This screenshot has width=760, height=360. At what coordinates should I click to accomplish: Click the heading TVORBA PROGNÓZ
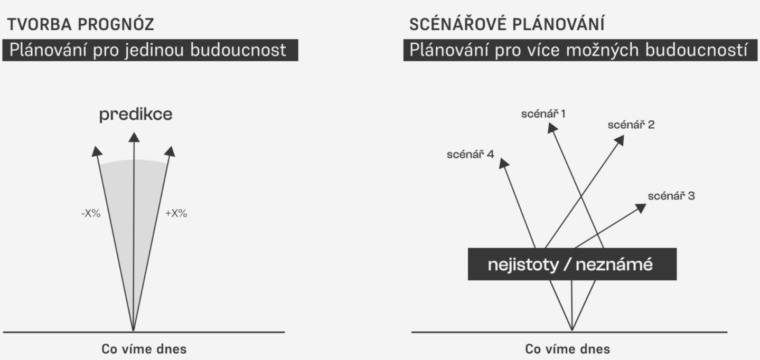tap(81, 24)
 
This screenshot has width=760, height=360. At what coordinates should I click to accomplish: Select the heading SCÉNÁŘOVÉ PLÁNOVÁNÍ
tap(507, 24)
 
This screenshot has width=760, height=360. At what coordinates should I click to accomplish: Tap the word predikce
tap(136, 115)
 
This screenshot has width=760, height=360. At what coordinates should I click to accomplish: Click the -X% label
tap(91, 214)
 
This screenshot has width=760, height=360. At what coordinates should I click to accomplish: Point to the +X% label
tap(176, 214)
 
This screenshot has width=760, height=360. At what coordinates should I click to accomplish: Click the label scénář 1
tap(543, 113)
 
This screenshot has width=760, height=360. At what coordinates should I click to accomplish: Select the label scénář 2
tap(631, 125)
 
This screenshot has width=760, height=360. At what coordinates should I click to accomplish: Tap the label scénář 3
tap(671, 196)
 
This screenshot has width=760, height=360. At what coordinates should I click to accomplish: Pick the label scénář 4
tap(470, 154)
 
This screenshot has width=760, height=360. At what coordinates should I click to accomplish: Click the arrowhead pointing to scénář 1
tap(552, 128)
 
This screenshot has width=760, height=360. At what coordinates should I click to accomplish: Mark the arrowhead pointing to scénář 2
tap(620, 140)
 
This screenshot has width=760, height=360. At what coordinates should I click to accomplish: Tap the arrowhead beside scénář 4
tap(503, 163)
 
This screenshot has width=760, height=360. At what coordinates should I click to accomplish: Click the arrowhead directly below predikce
tap(134, 137)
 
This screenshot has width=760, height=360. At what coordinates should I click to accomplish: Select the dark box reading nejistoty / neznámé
tap(572, 264)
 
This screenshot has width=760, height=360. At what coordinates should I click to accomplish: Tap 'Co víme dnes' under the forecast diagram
tap(144, 349)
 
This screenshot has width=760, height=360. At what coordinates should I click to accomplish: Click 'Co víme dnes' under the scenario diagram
tap(568, 349)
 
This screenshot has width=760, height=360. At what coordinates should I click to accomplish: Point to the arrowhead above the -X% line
tap(97, 151)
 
